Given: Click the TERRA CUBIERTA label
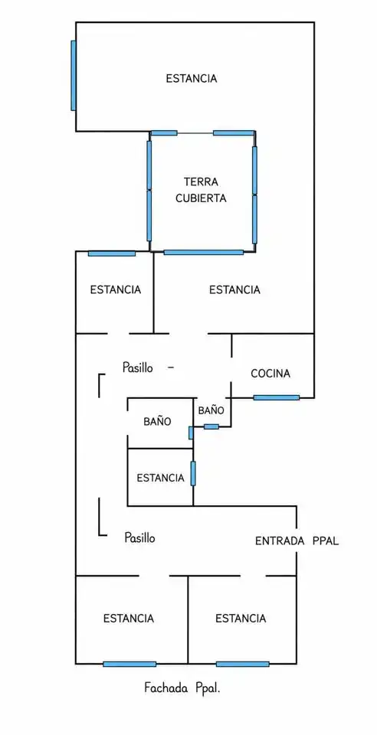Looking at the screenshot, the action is pyautogui.click(x=201, y=190).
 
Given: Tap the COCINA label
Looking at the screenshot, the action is pyautogui.click(x=270, y=374).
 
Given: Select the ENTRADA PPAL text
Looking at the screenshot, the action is pyautogui.click(x=297, y=541).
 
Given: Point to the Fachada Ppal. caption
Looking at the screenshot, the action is pyautogui.click(x=182, y=688).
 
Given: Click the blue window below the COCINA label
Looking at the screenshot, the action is pyautogui.click(x=276, y=397).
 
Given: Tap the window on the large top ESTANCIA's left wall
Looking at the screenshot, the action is pyautogui.click(x=73, y=76).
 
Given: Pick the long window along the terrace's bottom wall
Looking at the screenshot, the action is pyautogui.click(x=204, y=252).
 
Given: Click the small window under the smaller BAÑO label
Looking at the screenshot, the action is pyautogui.click(x=211, y=426).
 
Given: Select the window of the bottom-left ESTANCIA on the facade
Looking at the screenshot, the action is pyautogui.click(x=129, y=664).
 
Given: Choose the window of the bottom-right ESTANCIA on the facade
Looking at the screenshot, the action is pyautogui.click(x=242, y=664).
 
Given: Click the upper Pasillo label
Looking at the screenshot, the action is pyautogui.click(x=137, y=367).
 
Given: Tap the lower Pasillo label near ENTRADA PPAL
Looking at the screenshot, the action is pyautogui.click(x=139, y=537).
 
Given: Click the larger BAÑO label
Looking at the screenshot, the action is pyautogui.click(x=157, y=421).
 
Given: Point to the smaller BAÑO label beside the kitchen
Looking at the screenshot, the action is pyautogui.click(x=211, y=410).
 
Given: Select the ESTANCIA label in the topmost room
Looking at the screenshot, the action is pyautogui.click(x=192, y=78).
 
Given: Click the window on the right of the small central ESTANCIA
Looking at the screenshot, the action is pyautogui.click(x=193, y=473).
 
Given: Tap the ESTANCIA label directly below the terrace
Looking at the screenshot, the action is pyautogui.click(x=234, y=289).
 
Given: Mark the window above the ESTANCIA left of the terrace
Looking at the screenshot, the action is pyautogui.click(x=112, y=253).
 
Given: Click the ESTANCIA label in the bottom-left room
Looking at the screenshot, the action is pyautogui.click(x=129, y=619).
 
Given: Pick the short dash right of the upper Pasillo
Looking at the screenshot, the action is pyautogui.click(x=171, y=368).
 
